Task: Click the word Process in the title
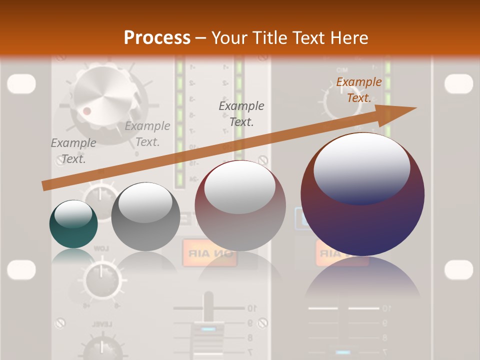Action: (157, 38)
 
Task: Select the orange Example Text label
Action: (358, 90)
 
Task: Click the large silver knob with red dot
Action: (102, 102)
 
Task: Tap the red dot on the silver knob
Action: (87, 110)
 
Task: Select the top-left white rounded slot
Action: (21, 84)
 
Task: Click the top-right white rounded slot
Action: (458, 84)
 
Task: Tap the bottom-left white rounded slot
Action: (21, 270)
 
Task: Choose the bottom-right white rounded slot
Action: (458, 270)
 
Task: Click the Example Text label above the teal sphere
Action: (73, 151)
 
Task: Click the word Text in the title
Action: (306, 38)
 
